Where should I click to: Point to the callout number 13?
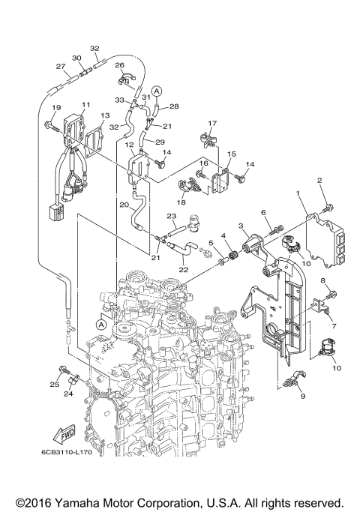pyautogui.click(x=104, y=115)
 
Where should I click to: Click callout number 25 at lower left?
pyautogui.click(x=54, y=385)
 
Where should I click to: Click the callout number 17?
pyautogui.click(x=212, y=123)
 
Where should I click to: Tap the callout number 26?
pyautogui.click(x=118, y=65)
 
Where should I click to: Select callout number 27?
pyautogui.click(x=60, y=66)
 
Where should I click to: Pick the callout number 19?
pyautogui.click(x=53, y=109)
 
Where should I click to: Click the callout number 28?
pyautogui.click(x=175, y=107)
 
